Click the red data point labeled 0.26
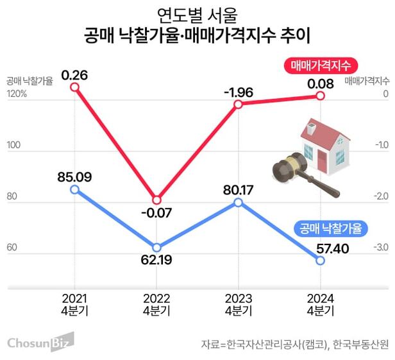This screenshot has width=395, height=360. [x=75, y=87]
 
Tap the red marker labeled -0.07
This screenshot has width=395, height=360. [x=156, y=200]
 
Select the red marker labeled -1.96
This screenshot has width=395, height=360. [x=238, y=103]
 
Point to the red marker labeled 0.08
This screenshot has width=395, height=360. [x=319, y=96]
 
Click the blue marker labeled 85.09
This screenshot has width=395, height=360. [x=75, y=189]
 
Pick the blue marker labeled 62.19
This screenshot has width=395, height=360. [x=156, y=247]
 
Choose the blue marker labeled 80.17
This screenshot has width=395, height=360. [x=238, y=201]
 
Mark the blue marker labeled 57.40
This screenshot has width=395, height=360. [x=319, y=259]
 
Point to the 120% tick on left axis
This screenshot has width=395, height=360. [x=16, y=94]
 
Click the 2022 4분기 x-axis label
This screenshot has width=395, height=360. [x=156, y=304]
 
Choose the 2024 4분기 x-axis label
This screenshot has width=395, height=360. [x=319, y=304]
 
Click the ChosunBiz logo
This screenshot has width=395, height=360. [x=40, y=343]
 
